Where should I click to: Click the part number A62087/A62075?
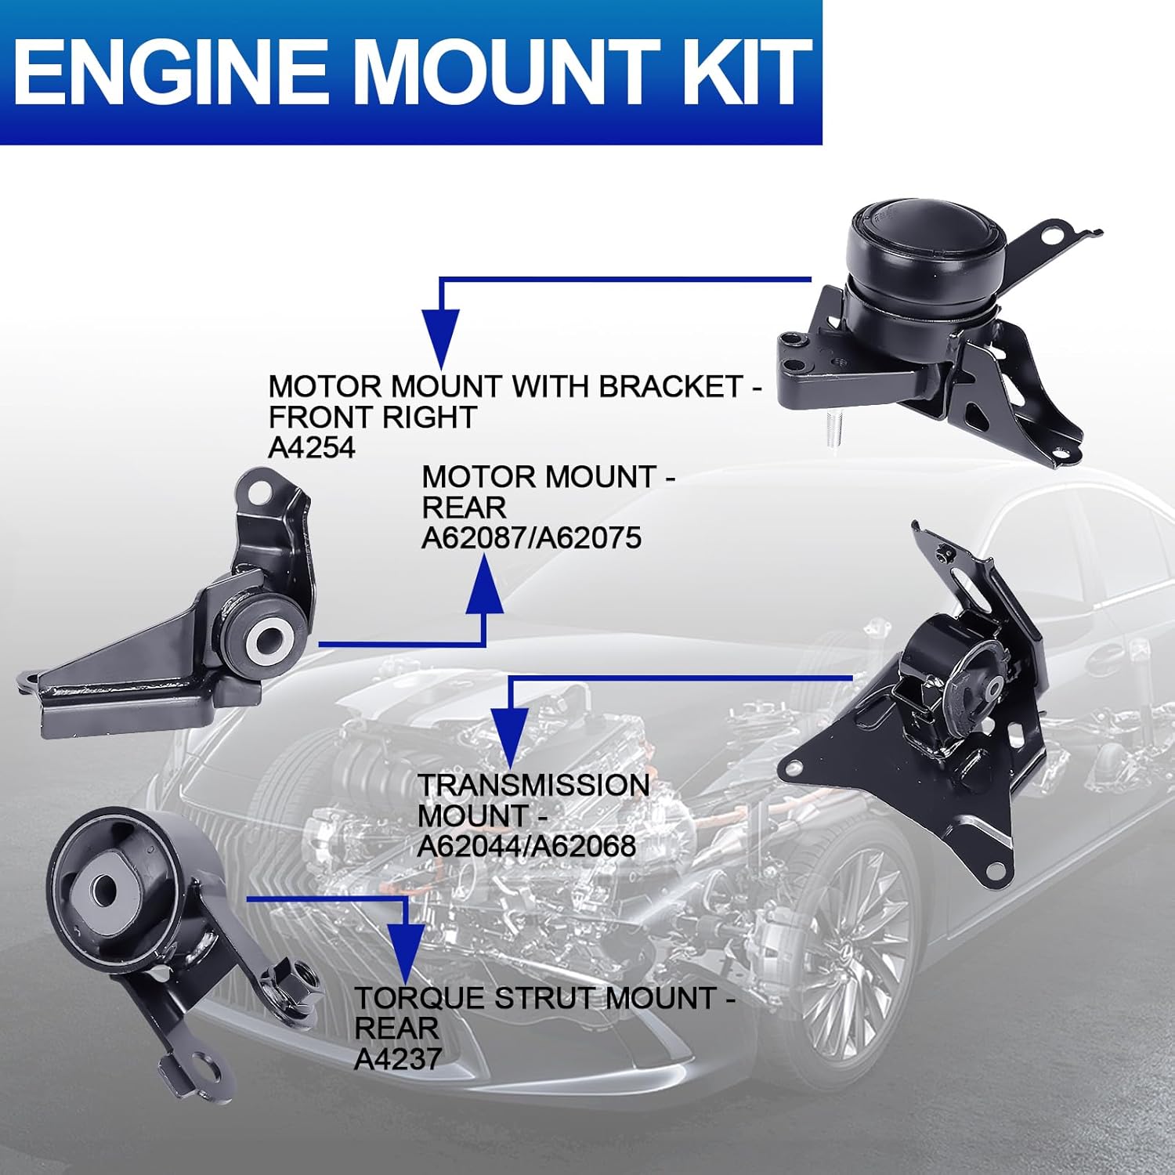coord(531,538)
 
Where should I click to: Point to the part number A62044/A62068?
coord(526,846)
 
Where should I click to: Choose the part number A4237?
coord(398,1059)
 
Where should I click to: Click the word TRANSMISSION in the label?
coord(533,786)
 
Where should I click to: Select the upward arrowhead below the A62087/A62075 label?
coord(485,587)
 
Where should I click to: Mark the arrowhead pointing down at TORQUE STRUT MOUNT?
coord(405,952)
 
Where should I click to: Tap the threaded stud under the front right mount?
coord(833,431)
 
